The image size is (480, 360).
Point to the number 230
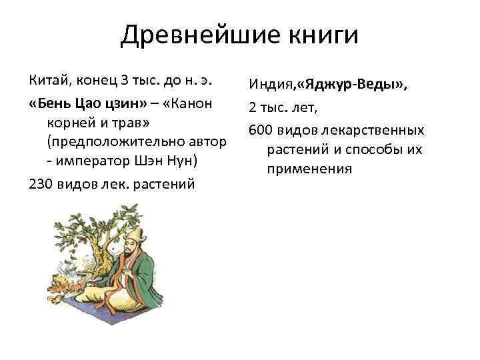click(x=41, y=184)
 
